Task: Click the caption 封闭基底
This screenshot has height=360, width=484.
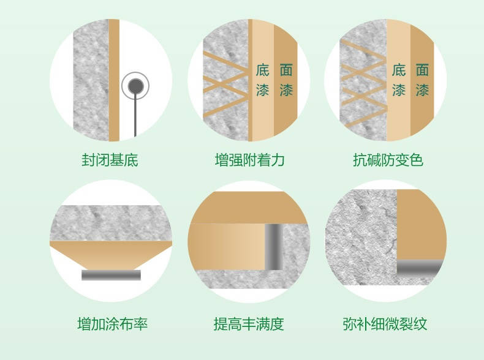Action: [110, 160]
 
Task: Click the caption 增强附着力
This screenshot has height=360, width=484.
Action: [249, 160]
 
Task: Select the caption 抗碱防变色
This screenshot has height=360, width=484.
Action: [388, 160]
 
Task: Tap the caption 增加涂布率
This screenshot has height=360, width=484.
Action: [112, 324]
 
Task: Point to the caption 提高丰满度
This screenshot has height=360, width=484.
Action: [249, 324]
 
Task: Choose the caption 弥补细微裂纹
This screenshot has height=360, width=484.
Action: [385, 324]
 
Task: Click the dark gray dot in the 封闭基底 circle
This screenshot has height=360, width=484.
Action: [135, 86]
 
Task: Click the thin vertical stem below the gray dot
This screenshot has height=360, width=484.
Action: [135, 114]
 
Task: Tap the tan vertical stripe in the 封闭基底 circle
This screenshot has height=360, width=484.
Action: [114, 80]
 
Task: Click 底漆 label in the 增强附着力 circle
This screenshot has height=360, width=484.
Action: [262, 80]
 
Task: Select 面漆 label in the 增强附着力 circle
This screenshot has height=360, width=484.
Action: [286, 80]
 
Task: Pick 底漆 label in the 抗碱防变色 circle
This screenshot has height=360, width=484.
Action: [398, 80]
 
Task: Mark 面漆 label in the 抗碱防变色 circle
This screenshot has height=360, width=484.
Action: [422, 80]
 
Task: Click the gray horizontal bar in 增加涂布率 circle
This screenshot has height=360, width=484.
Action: [111, 275]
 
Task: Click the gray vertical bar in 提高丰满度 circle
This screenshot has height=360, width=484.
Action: [273, 247]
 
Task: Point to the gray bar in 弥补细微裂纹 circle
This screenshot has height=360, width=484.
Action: [419, 268]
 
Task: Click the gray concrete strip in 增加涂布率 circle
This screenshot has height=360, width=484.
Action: [111, 223]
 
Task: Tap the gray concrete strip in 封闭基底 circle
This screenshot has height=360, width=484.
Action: [91, 80]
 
